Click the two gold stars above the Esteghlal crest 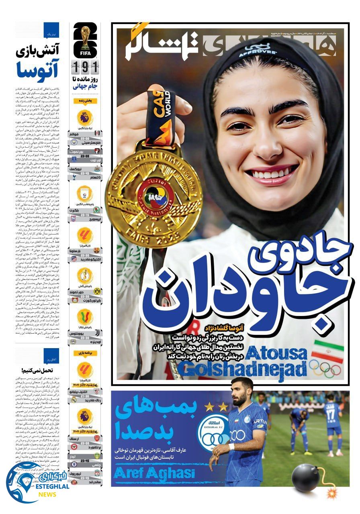click(x=216, y=407)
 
